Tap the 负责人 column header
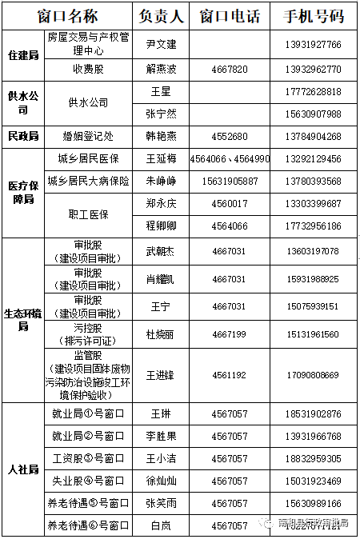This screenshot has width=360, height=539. [161, 15]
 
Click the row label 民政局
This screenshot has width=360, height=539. [22, 136]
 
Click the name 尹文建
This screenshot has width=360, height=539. [161, 44]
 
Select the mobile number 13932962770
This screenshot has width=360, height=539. [311, 69]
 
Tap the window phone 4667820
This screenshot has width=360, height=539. [229, 69]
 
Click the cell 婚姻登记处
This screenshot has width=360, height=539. [88, 136]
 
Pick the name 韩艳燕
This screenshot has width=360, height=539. [161, 136]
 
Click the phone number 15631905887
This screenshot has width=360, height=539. [230, 182]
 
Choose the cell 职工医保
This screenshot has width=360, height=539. [88, 215]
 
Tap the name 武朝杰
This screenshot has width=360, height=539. [161, 251]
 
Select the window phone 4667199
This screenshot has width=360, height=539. [229, 333]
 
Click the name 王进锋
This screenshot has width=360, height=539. [161, 374]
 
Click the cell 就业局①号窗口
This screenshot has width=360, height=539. [88, 413]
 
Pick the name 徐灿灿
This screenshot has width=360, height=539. [161, 481]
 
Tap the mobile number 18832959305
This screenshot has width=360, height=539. [311, 458]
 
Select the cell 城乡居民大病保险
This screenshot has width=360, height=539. [88, 182]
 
